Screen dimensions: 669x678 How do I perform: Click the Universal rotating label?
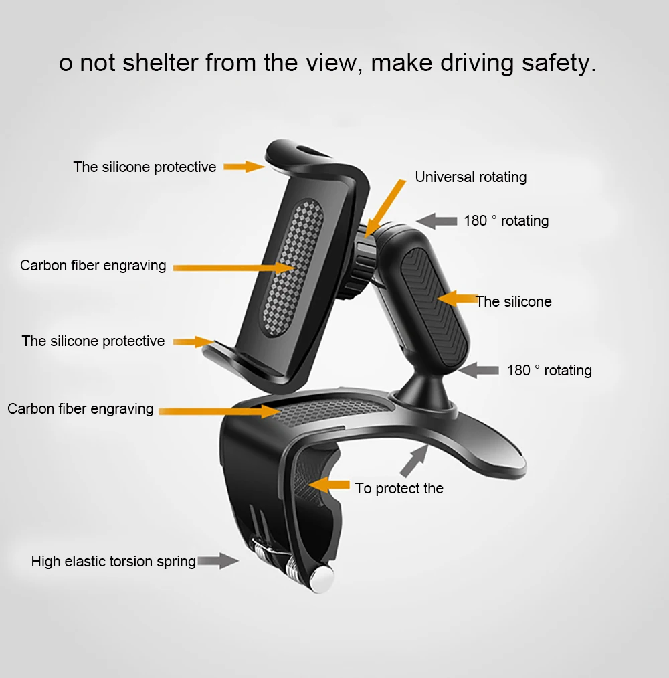coord(470,177)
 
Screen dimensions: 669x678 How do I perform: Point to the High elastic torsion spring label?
coord(113,561)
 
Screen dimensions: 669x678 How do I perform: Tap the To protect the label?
coord(399,489)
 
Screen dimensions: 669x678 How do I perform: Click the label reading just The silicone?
coord(514,302)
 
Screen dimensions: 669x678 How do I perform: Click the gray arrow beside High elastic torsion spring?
coord(218,560)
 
